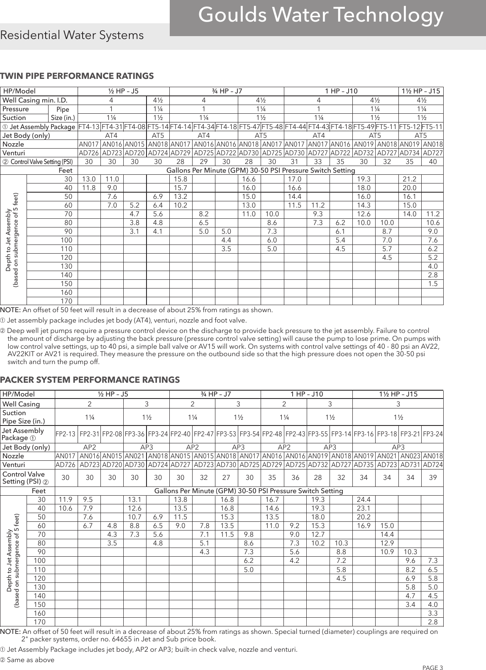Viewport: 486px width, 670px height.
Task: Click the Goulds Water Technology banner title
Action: (321, 16)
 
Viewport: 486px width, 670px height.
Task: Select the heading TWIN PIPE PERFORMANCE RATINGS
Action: (77, 76)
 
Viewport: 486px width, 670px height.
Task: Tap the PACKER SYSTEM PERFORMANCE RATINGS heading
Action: (90, 380)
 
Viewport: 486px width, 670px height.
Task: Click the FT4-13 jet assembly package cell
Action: (89, 127)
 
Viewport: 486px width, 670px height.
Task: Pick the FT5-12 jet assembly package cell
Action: (410, 127)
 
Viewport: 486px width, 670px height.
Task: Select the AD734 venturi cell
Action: (410, 153)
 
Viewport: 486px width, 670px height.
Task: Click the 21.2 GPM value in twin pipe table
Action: (410, 179)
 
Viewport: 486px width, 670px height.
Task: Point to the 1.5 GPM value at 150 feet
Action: (432, 284)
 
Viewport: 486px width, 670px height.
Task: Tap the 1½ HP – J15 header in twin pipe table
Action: (421, 91)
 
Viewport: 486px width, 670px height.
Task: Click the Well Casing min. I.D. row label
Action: (34, 100)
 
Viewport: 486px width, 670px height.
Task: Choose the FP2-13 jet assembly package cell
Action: (66, 434)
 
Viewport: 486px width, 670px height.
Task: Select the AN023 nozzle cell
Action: (410, 456)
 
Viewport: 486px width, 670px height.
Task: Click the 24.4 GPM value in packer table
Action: (364, 499)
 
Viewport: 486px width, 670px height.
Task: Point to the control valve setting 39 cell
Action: (432, 478)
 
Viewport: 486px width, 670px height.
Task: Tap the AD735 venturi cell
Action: (364, 465)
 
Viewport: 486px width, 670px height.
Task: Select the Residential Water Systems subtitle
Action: (72, 35)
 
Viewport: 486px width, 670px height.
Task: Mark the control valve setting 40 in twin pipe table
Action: (432, 161)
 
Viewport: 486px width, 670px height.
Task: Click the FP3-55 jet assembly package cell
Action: (318, 434)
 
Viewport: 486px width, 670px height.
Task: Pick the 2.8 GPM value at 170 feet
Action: (432, 622)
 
